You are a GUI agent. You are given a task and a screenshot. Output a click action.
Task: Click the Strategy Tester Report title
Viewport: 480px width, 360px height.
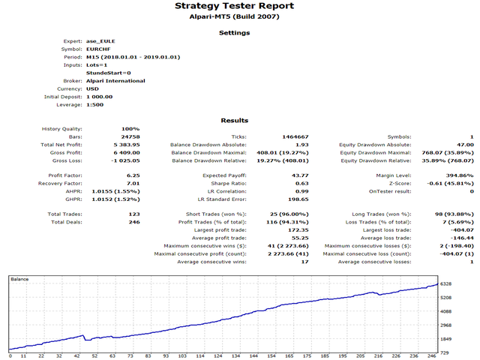(239, 6)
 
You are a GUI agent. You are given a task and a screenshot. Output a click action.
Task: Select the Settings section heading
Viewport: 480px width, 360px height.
(239, 33)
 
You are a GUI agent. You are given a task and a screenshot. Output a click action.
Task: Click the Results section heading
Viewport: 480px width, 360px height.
(239, 121)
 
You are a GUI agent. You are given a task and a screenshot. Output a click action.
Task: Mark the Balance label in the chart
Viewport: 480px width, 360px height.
(19, 278)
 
